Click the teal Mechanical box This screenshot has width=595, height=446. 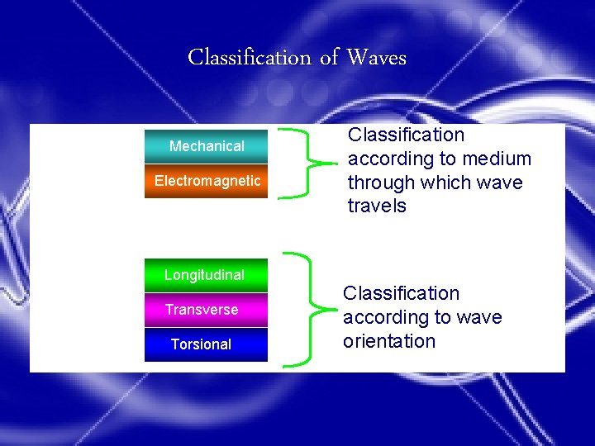tap(207, 146)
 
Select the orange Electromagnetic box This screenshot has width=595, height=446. tap(207, 181)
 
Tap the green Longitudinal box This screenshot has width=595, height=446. tap(205, 275)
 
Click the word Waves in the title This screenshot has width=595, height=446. tap(377, 57)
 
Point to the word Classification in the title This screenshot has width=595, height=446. tap(249, 58)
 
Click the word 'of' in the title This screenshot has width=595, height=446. tap(330, 57)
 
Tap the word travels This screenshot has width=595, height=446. tap(377, 206)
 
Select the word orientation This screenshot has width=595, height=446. tap(388, 341)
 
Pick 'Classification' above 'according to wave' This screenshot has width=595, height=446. tap(401, 293)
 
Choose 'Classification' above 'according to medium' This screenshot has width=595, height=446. tap(406, 135)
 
